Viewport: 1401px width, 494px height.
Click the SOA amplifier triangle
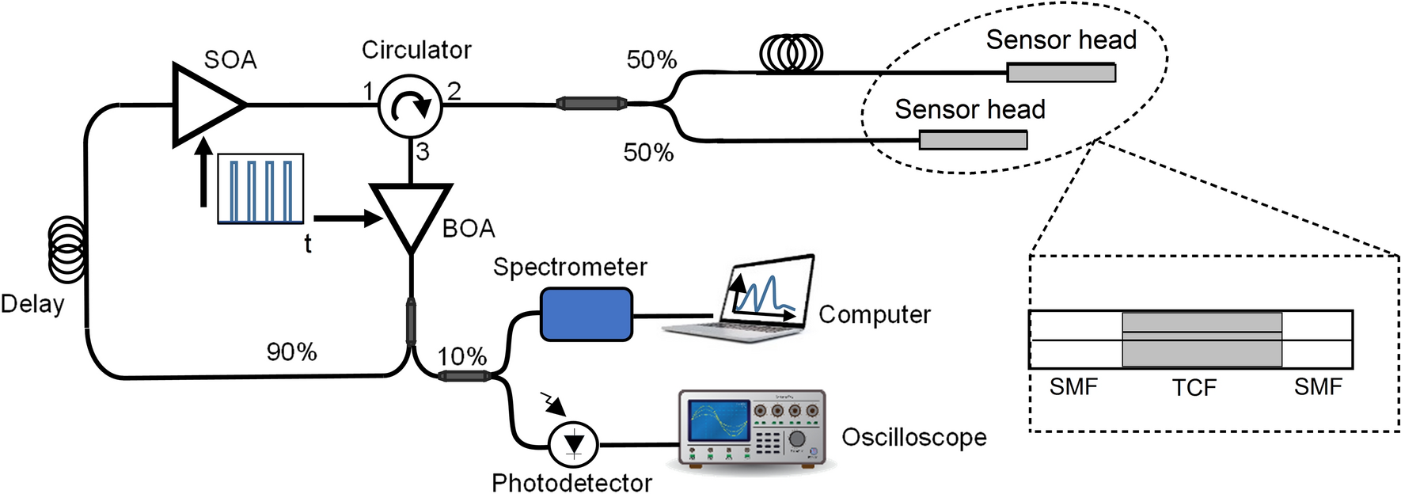[x=202, y=104]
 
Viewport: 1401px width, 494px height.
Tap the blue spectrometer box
[x=586, y=314]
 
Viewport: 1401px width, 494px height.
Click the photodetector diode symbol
[x=574, y=443]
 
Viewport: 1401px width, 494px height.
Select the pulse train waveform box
[x=260, y=188]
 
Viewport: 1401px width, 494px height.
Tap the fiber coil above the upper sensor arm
[x=791, y=54]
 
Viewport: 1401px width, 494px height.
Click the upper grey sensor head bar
[x=1061, y=73]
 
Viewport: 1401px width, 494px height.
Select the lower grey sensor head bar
[x=973, y=141]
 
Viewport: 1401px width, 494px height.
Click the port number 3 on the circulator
[x=423, y=152]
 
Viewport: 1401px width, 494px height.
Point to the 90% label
[x=291, y=351]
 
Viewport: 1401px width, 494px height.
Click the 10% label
[x=461, y=356]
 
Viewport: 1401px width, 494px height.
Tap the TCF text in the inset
[x=1194, y=387]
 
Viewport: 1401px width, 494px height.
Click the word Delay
[x=32, y=304]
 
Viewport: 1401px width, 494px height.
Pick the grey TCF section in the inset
[x=1202, y=340]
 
